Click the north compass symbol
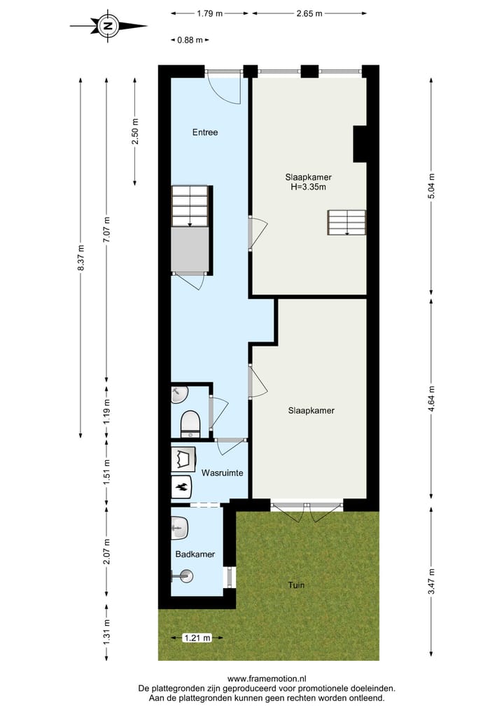click(x=107, y=27)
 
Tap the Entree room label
click(x=205, y=132)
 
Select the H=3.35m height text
click(x=308, y=187)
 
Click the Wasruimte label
click(x=222, y=473)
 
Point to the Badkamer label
click(x=195, y=554)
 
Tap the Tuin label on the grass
click(x=295, y=585)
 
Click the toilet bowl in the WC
click(x=190, y=424)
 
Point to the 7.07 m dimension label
click(x=106, y=227)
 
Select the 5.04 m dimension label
click(x=431, y=186)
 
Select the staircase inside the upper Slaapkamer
click(x=346, y=223)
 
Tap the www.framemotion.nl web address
click(x=267, y=678)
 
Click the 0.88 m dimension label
click(x=190, y=40)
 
